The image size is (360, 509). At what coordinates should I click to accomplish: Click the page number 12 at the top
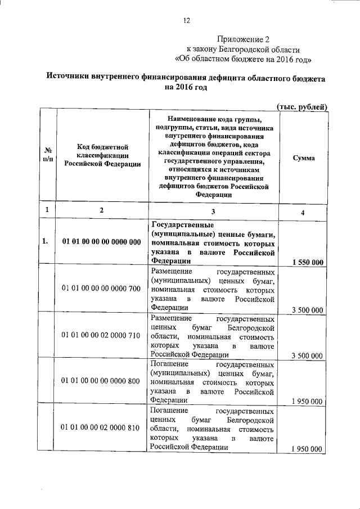tap(187, 21)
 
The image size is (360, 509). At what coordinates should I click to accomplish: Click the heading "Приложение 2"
tap(243, 39)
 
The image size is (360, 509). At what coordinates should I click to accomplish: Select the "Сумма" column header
tap(304, 159)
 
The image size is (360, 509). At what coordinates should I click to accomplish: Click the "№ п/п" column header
tap(48, 155)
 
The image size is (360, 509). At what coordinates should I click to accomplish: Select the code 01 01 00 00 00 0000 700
tap(101, 289)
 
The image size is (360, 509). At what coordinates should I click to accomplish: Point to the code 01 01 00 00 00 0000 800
tap(101, 381)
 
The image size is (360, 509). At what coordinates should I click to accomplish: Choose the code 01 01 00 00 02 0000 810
tap(101, 427)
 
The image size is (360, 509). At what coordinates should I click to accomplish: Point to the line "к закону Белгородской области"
tap(243, 49)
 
